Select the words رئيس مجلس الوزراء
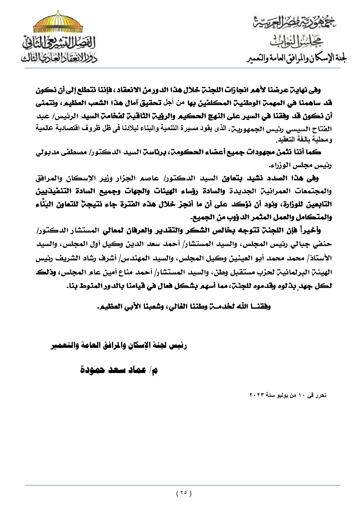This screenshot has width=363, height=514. click(x=310, y=165)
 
